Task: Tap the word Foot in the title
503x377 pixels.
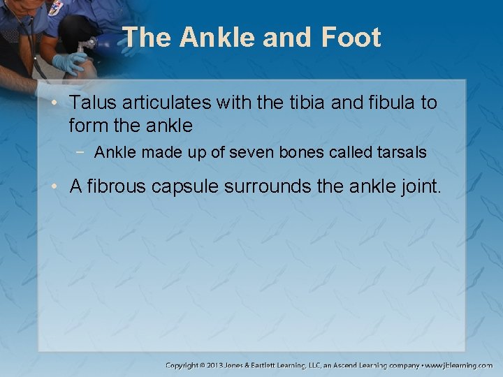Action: tap(353, 37)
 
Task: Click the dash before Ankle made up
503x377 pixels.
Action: tap(84, 152)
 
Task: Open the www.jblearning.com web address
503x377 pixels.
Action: tap(460, 365)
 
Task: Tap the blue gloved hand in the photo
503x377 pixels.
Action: tap(68, 64)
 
